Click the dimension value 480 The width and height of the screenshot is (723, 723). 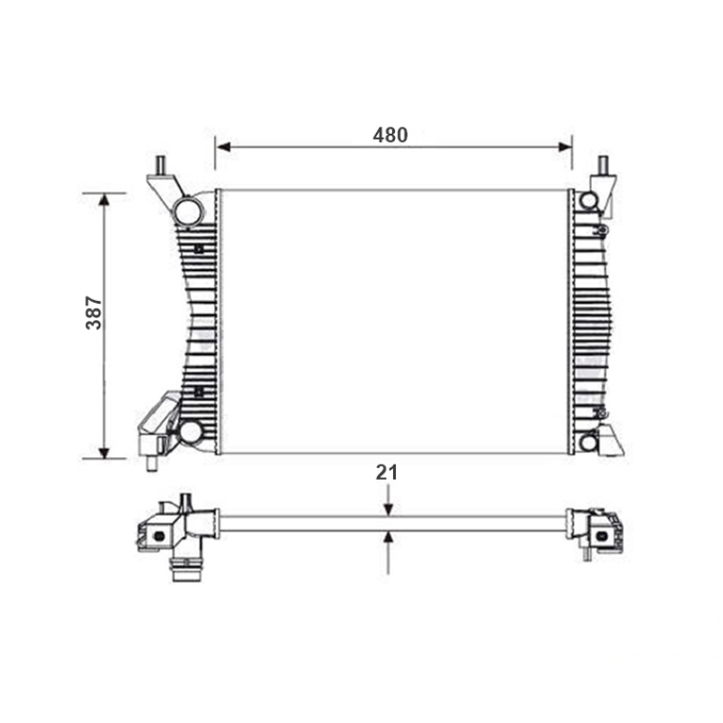[390, 135]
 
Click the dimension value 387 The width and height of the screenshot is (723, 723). [94, 313]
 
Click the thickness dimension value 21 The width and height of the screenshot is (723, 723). [387, 473]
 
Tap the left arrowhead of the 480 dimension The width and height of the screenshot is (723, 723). [223, 147]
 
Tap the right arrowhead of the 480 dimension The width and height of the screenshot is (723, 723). [564, 147]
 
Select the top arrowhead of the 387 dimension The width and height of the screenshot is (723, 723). [104, 200]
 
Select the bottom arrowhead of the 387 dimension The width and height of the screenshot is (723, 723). [104, 452]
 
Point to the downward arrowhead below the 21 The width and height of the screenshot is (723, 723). [389, 509]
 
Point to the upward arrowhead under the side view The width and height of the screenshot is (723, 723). [390, 538]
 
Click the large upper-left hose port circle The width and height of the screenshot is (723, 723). [188, 211]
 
